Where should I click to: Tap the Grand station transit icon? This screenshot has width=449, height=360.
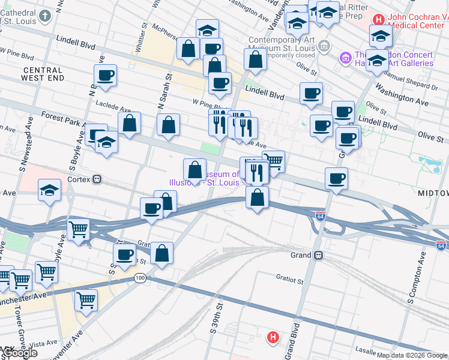click(x=319, y=255)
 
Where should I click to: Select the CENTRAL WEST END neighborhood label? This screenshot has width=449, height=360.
click(x=42, y=74)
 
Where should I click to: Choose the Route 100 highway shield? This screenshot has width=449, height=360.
click(x=140, y=278)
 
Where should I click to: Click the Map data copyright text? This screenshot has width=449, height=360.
click(x=412, y=355)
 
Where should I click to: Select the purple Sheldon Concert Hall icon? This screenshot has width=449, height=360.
click(x=345, y=58)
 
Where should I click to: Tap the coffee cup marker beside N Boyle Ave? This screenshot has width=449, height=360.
click(x=105, y=76)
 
